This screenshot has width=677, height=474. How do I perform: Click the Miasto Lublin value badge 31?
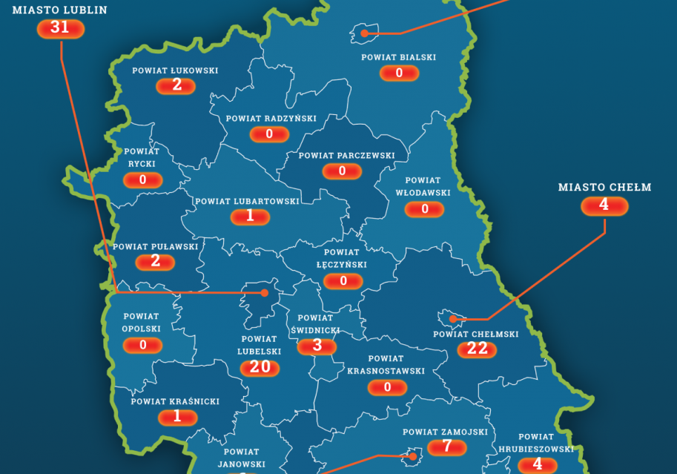(x=61, y=28)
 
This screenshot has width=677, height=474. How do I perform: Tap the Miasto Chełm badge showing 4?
(x=604, y=205)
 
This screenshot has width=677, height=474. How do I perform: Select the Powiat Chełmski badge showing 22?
(x=478, y=349)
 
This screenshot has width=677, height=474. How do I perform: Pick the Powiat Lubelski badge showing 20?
(x=260, y=367)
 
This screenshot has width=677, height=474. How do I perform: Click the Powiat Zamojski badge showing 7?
(x=446, y=447)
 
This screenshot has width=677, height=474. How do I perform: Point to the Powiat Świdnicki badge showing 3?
(x=317, y=346)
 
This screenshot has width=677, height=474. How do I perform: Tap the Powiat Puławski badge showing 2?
(x=155, y=261)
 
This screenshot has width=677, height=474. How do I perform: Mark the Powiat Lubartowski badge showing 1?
(x=250, y=216)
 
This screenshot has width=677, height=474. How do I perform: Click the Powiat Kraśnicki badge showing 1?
(x=176, y=417)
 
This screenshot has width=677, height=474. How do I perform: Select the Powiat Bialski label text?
(x=399, y=57)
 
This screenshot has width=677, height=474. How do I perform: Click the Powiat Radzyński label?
(x=271, y=119)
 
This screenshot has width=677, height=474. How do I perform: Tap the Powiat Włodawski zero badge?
(x=425, y=209)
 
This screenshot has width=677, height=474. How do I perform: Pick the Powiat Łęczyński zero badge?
(x=343, y=281)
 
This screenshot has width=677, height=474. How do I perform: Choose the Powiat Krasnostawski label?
(x=386, y=365)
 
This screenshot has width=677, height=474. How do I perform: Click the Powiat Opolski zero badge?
(x=144, y=345)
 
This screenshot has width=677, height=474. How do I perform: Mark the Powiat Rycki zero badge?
(x=143, y=180)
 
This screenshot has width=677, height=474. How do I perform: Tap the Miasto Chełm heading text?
(x=604, y=187)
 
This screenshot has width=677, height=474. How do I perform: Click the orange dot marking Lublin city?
(x=263, y=293)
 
